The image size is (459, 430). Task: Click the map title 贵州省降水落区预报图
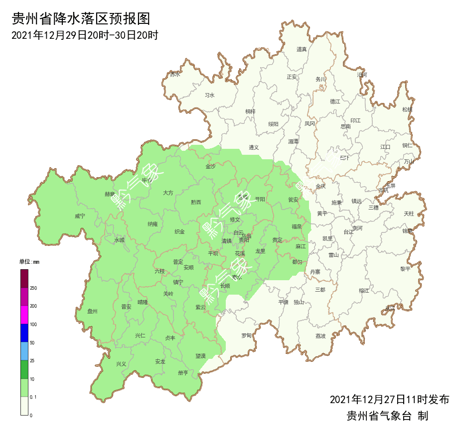click(x=80, y=19)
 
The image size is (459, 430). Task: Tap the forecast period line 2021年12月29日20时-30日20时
click(x=84, y=36)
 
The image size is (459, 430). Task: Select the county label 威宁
click(x=80, y=216)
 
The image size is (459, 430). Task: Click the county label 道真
click(x=302, y=49)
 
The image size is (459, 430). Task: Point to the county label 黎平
click(x=405, y=269)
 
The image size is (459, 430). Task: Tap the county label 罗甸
click(x=246, y=335)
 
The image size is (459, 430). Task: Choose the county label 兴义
click(x=121, y=364)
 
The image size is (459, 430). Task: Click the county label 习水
click(x=209, y=95)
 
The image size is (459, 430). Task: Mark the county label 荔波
click(x=320, y=336)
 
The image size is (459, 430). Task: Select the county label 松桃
click(x=407, y=109)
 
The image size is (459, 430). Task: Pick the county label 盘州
click(x=92, y=311)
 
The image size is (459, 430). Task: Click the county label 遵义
click(x=254, y=147)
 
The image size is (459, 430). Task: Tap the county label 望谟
click(x=200, y=356)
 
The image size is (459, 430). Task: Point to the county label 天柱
click(x=409, y=214)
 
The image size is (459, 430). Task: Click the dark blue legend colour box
click(x=24, y=333)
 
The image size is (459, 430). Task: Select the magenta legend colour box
click(x=24, y=315)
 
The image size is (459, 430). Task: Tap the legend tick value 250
click(x=33, y=288)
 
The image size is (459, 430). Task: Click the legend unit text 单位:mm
click(x=29, y=262)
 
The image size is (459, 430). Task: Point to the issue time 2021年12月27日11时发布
click(x=389, y=400)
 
